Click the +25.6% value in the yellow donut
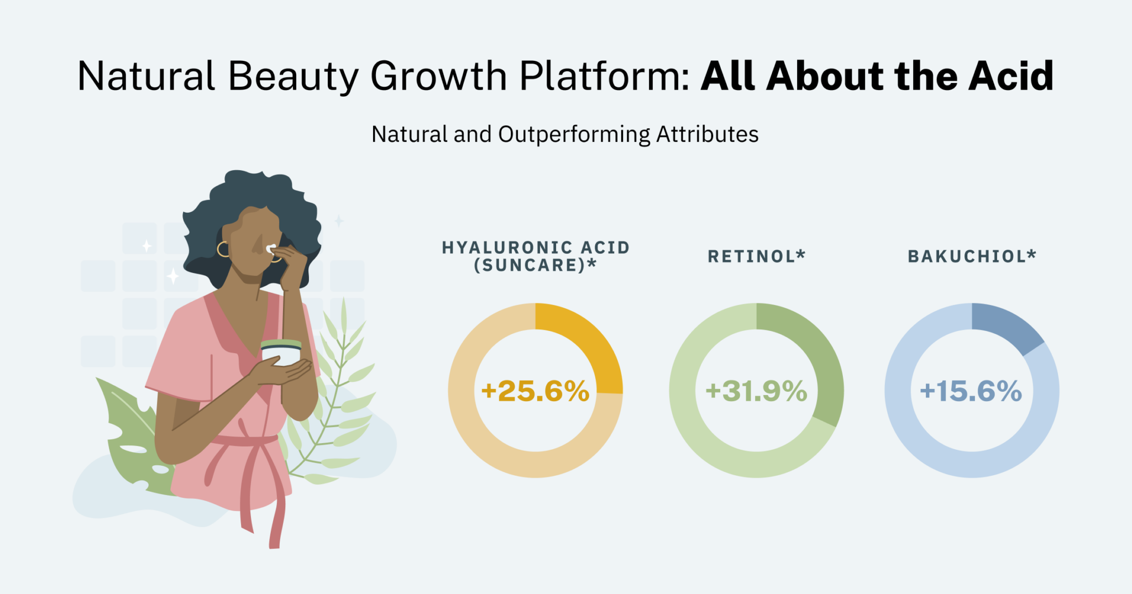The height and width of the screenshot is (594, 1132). coord(535,391)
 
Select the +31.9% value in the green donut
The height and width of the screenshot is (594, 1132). coord(756,391)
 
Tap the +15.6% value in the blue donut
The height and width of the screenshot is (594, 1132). coord(971,391)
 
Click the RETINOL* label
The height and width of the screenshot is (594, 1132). coord(757,256)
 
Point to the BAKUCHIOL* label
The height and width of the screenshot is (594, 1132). coord(972,256)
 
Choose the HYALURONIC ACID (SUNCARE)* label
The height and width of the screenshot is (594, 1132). coord(536,256)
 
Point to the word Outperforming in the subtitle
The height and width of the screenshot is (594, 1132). coord(574,134)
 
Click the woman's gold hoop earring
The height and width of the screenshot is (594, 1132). coord(223,249)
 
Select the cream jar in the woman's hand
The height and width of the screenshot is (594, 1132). coord(281,352)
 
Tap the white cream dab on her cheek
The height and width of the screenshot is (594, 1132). coord(271,248)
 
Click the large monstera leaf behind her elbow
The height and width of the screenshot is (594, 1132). coord(133,437)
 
